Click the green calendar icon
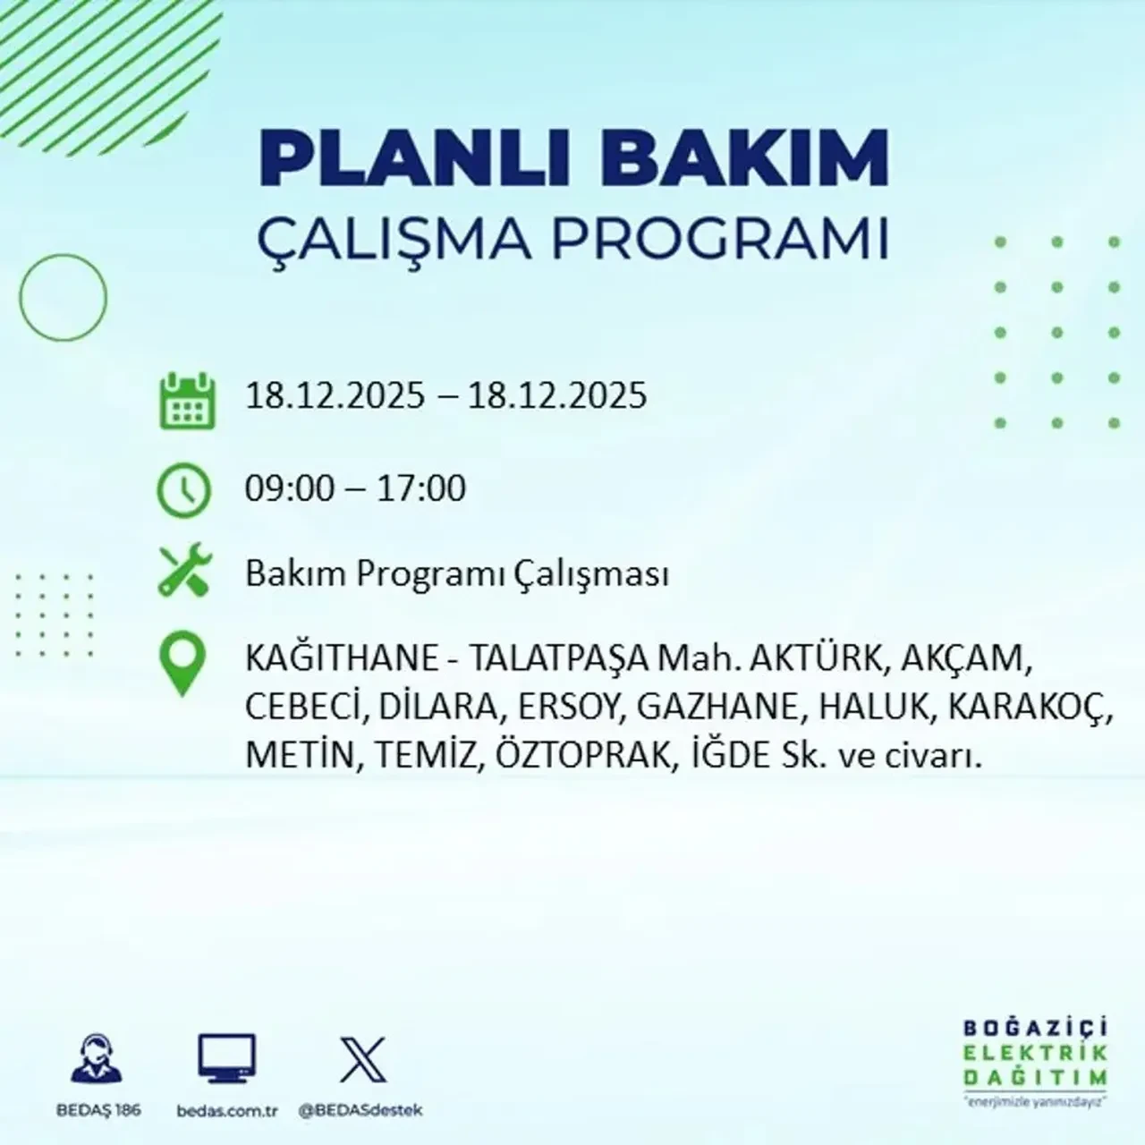[187, 400]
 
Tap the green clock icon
[184, 491]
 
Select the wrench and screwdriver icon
[184, 572]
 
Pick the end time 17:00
[421, 489]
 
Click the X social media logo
[363, 1060]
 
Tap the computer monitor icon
[226, 1060]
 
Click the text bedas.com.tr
[227, 1111]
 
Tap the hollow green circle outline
[63, 297]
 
